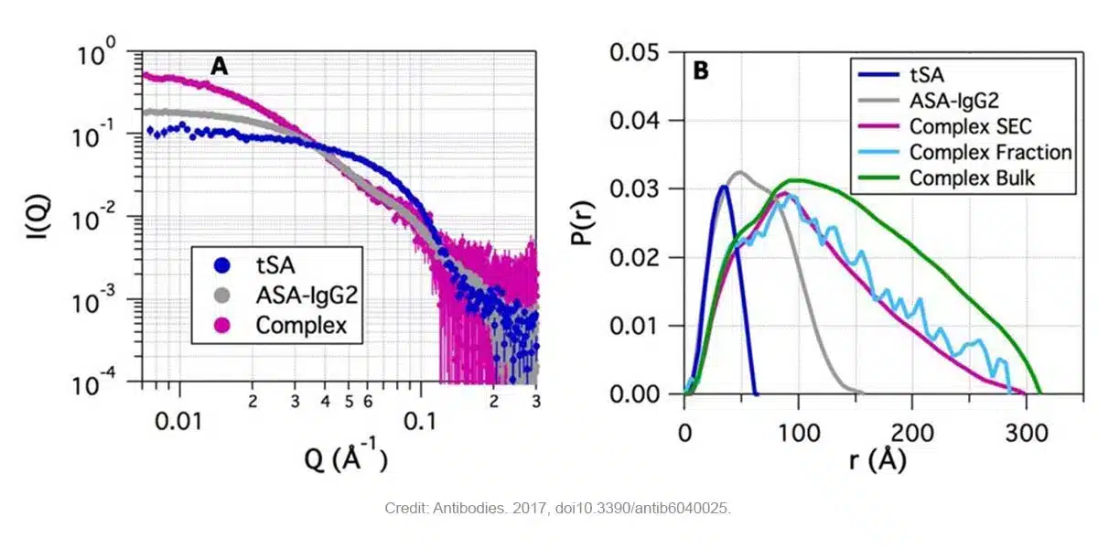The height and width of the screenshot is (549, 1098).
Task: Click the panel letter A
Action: click(x=219, y=66)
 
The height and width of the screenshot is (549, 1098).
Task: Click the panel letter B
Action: click(x=701, y=70)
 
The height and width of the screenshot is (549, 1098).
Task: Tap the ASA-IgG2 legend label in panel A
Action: click(x=300, y=295)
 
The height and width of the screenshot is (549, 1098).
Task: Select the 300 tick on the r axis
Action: click(x=1024, y=430)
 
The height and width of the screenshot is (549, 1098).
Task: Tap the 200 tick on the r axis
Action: click(x=911, y=430)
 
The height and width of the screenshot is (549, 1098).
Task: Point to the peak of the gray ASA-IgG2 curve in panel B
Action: click(x=739, y=171)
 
